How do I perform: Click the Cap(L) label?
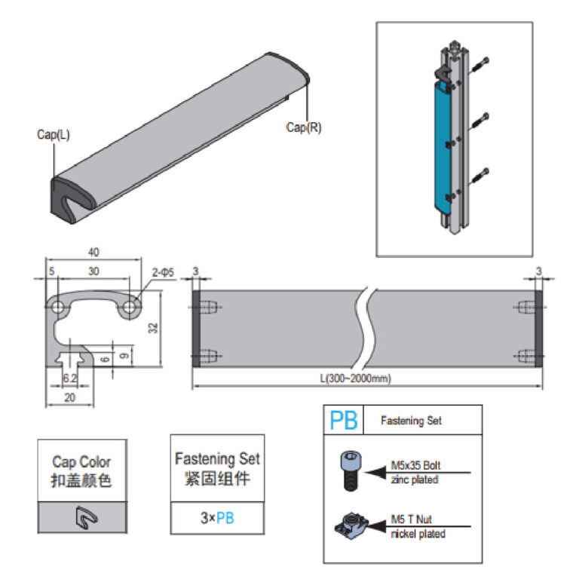point(53,135)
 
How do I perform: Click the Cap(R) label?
point(304,127)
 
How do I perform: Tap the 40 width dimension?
point(93,253)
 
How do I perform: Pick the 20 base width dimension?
point(69,397)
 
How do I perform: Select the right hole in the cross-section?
point(130,306)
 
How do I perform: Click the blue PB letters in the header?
point(343,421)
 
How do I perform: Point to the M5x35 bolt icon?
point(349,471)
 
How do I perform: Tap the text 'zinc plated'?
point(414,479)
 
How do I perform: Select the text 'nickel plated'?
point(418,534)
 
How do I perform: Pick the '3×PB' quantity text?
point(217,518)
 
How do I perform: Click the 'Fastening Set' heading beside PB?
point(411,421)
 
